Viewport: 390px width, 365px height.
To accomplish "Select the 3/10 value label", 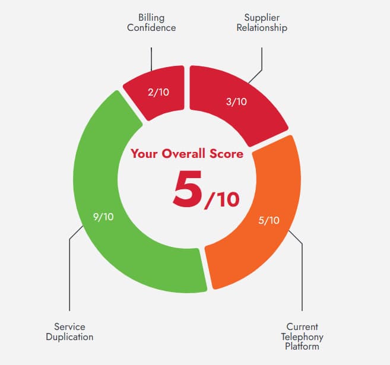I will point(236,101).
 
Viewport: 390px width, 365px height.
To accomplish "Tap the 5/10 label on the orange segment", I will point(269,220).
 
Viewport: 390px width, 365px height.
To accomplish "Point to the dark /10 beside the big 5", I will point(222,199).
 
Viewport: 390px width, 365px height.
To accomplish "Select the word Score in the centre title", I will point(226,154).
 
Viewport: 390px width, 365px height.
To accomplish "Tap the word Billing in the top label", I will point(151,17).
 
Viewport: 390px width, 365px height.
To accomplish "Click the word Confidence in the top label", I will point(151,27).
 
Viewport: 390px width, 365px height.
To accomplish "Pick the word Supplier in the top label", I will point(261,17).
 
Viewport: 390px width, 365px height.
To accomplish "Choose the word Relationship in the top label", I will point(261,27).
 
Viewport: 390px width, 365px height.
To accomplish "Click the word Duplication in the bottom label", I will point(69,337).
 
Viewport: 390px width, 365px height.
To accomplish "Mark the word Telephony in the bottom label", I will point(302,337).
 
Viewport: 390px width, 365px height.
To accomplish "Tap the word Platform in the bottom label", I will point(302,346).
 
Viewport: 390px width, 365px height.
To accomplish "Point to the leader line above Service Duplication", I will point(69,279).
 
